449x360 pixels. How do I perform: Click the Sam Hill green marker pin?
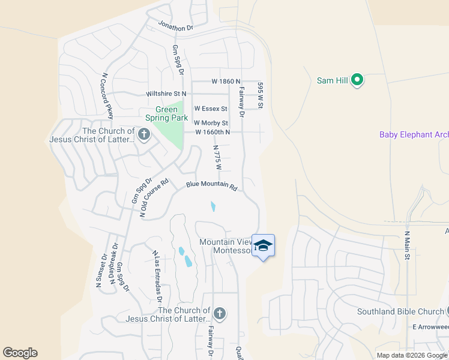(x=357, y=80)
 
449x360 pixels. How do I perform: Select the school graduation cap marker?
(x=263, y=245)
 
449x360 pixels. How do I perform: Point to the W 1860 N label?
(x=226, y=82)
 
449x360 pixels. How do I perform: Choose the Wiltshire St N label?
(x=166, y=94)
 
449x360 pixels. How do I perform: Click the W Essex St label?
(x=210, y=109)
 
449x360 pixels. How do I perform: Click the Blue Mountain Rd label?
(x=211, y=187)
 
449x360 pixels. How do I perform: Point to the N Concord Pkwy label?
(x=107, y=96)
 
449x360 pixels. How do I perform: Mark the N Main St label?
(x=407, y=245)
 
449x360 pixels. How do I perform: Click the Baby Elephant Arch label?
(x=414, y=135)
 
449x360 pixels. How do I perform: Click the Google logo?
(x=20, y=353)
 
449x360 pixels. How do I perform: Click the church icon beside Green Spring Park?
(x=143, y=134)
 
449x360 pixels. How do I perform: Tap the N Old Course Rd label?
(x=154, y=197)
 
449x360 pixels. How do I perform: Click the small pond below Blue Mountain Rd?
(x=213, y=207)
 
